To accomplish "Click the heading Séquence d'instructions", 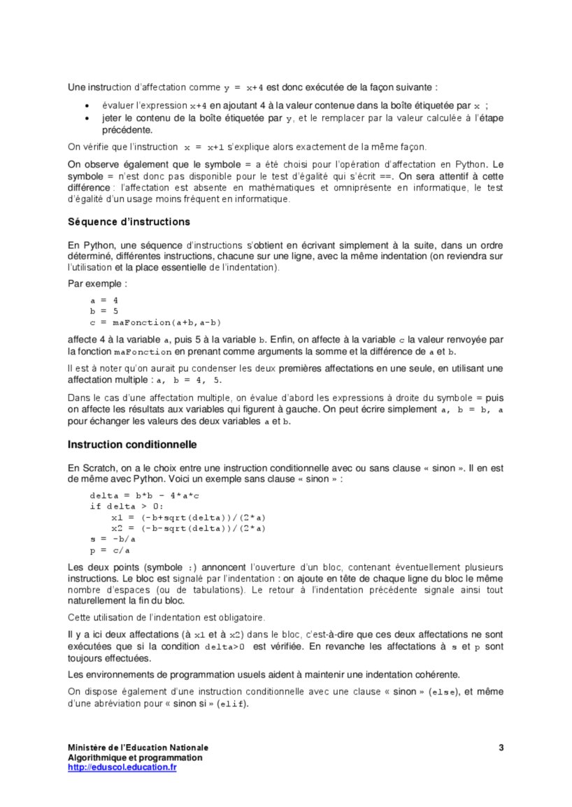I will coord(129,221).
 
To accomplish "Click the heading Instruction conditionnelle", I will coord(132,444).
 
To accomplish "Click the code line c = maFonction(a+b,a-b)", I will coord(155,322).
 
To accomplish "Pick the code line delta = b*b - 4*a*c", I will coord(145,495).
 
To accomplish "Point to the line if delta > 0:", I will coord(126,506).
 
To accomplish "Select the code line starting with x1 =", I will coord(188,517).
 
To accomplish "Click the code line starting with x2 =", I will coord(188,528).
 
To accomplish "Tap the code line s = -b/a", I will coord(114,539).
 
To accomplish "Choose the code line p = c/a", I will coord(110,551).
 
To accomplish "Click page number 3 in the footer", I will coord(501,748).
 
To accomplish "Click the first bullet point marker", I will coord(86,106).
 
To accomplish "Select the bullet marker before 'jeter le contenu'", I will coord(86,118).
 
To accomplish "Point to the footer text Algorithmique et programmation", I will coord(135,757).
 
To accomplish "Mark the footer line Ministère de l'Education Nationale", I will coord(138,748).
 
